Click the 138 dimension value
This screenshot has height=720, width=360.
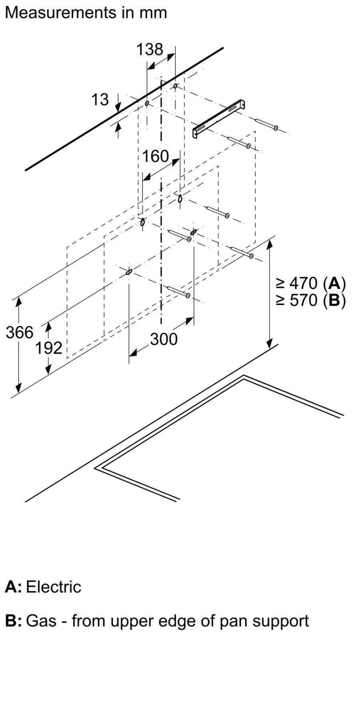[x=150, y=49]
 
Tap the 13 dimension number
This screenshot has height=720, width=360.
[x=100, y=100]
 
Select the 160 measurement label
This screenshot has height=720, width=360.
[x=156, y=156]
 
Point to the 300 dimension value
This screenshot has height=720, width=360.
[x=164, y=339]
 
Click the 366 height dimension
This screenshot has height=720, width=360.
[x=20, y=332]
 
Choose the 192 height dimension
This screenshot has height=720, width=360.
[x=49, y=348]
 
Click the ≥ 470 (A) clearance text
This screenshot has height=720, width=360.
[x=310, y=283]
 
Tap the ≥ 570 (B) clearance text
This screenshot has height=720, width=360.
[x=310, y=300]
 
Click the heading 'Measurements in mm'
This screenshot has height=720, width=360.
[x=86, y=13]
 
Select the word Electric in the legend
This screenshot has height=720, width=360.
[x=54, y=587]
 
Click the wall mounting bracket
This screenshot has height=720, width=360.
[x=219, y=119]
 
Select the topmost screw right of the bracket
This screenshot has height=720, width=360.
[x=266, y=124]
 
